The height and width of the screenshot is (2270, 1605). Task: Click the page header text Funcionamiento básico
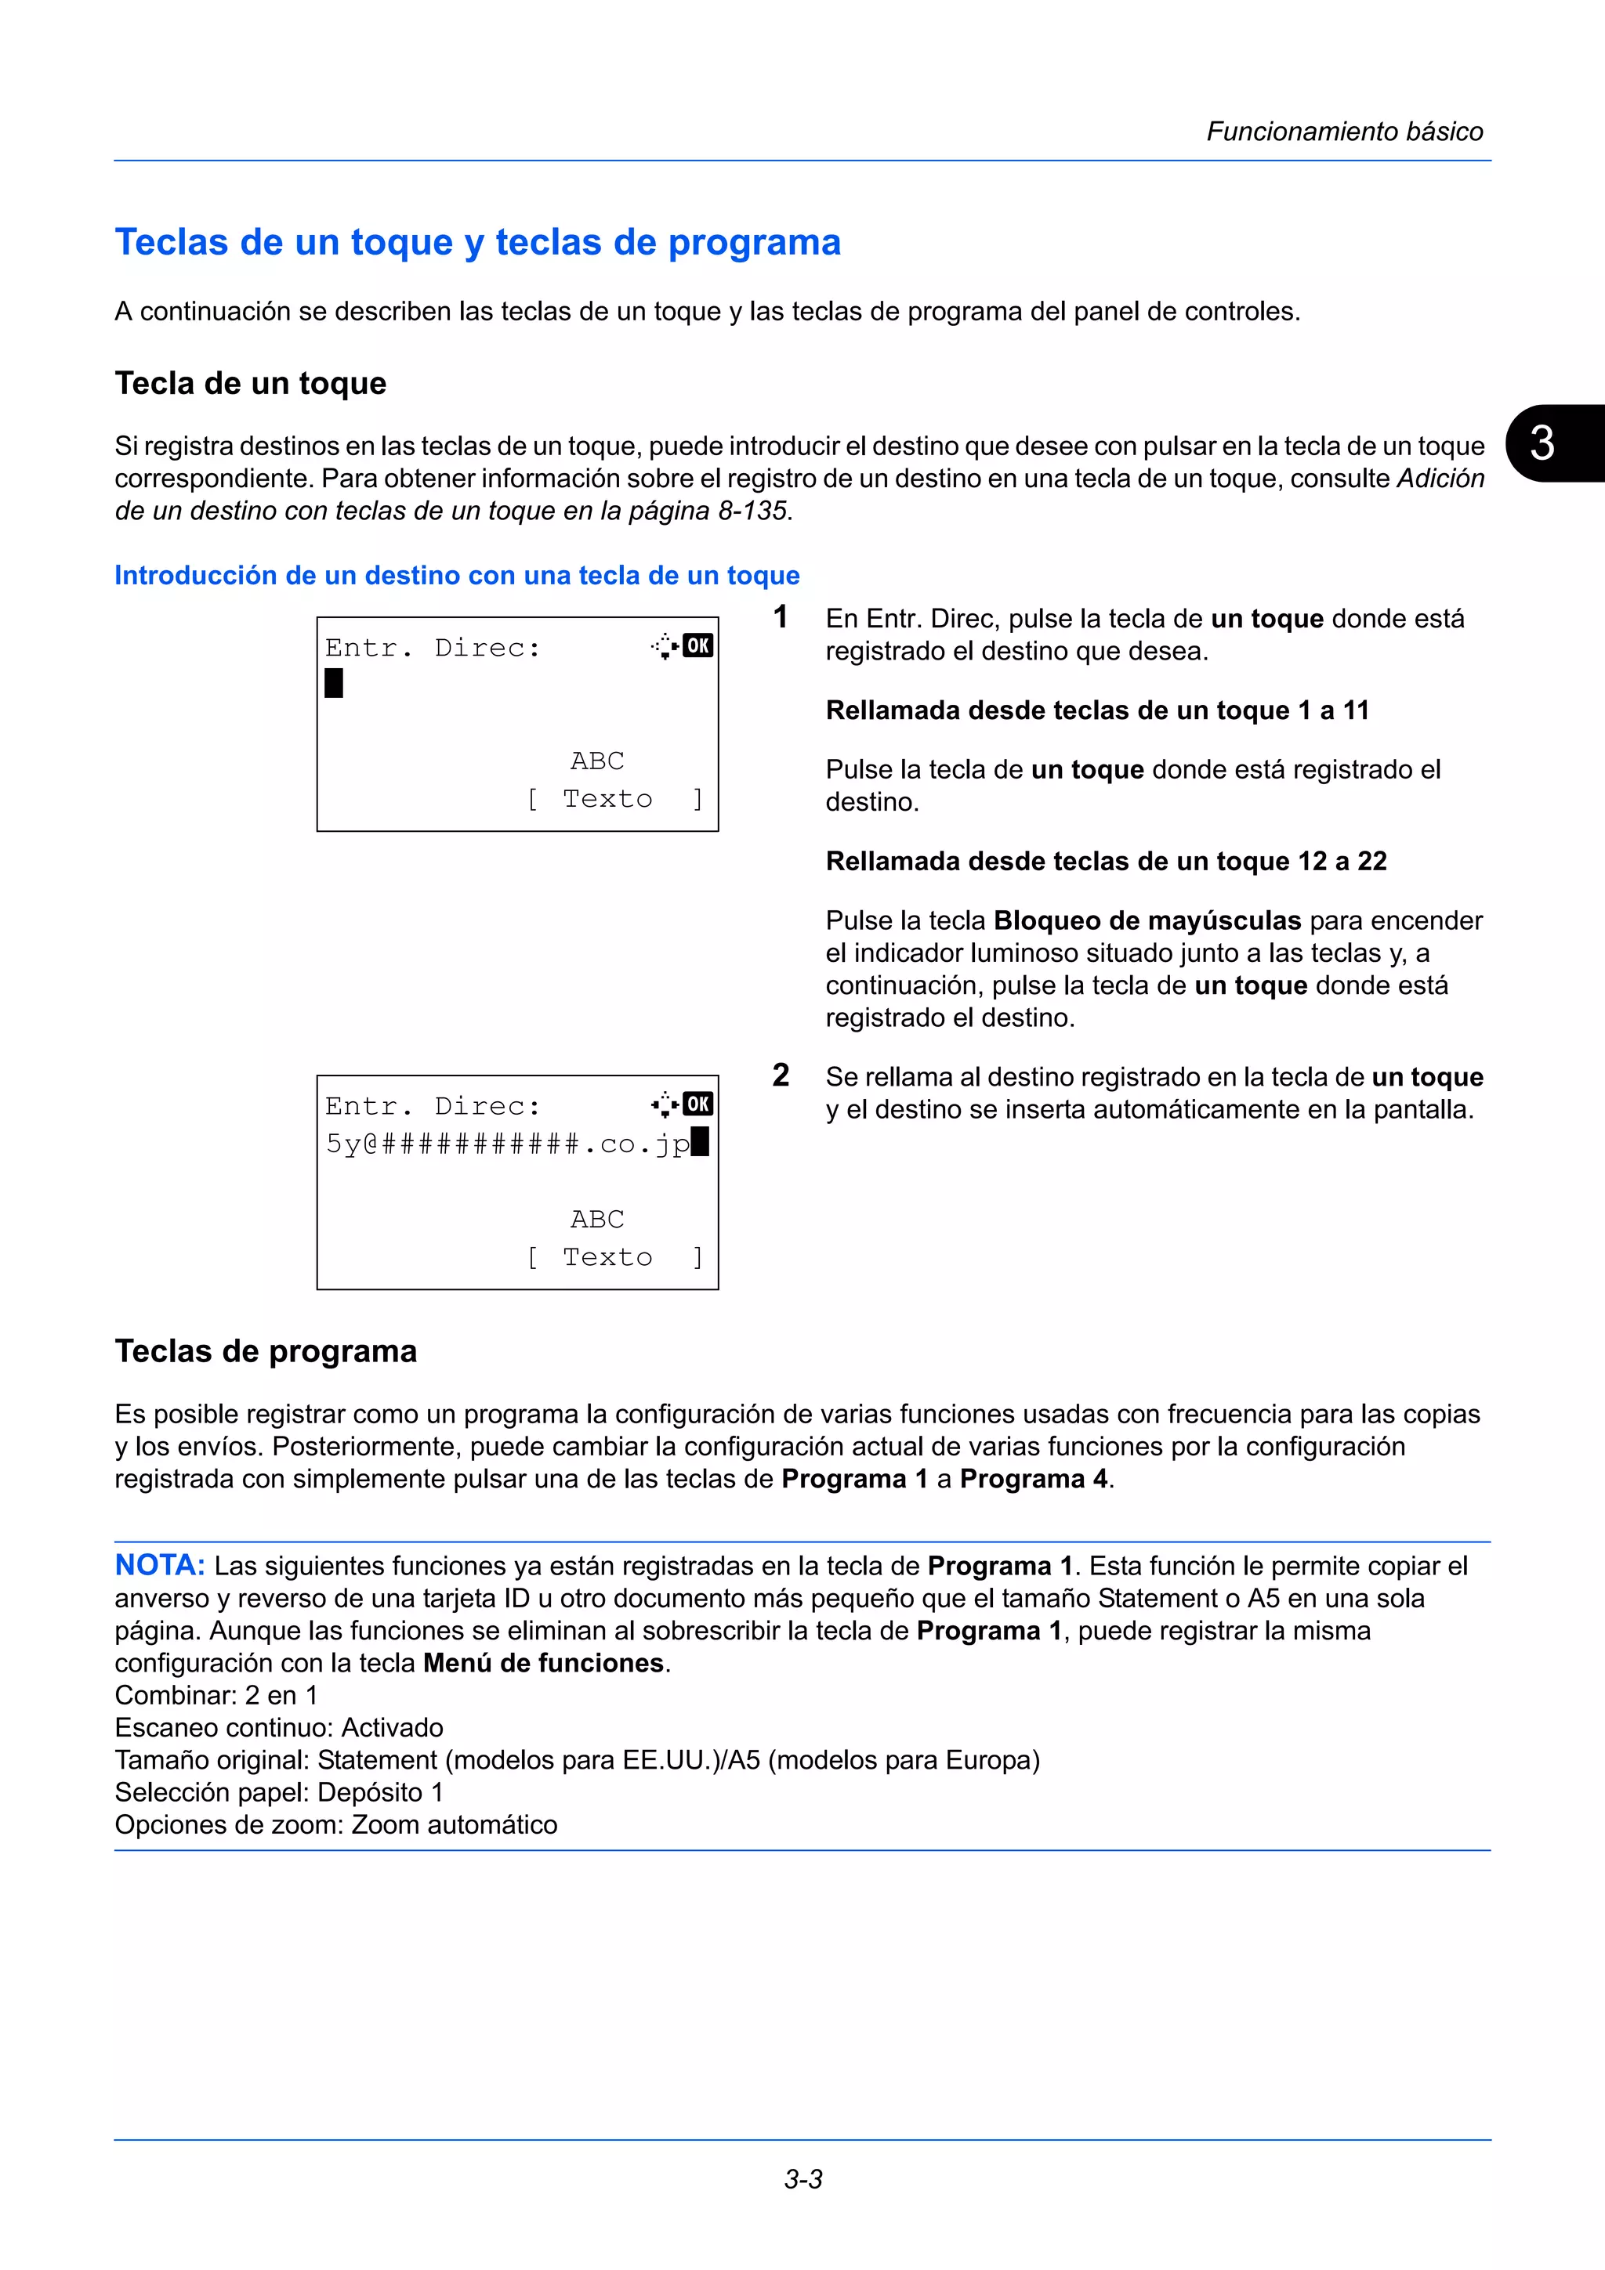(1344, 132)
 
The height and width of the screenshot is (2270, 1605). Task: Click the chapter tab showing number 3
(1545, 443)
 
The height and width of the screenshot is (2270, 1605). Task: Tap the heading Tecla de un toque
(250, 384)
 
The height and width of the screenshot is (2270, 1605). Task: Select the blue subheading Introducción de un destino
(457, 576)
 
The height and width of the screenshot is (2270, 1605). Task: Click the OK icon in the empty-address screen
(698, 645)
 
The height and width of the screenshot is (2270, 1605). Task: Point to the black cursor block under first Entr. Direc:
(335, 683)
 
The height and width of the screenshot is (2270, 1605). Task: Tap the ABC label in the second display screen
(597, 1219)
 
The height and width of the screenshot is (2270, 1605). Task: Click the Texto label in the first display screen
(607, 799)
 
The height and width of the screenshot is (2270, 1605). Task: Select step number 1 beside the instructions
(781, 618)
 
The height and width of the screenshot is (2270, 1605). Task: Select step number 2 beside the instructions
(781, 1075)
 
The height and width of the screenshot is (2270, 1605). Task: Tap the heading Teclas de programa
(266, 1351)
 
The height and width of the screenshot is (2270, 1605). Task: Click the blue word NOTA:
(159, 1566)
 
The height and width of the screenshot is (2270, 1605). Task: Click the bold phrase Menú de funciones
(543, 1663)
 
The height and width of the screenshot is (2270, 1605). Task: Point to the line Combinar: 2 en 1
(216, 1696)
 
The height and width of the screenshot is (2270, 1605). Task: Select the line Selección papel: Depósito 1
(279, 1792)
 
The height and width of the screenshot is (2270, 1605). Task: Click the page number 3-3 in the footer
(803, 2179)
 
